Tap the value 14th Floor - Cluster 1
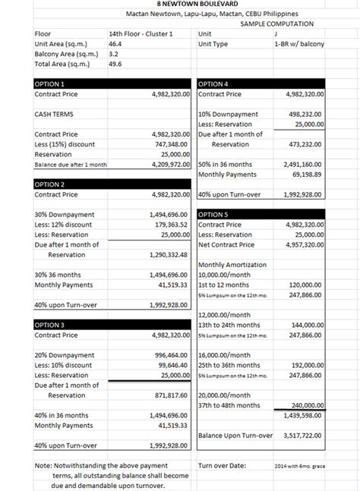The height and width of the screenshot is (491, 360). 141,33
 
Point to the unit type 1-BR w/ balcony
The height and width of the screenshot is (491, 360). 301,44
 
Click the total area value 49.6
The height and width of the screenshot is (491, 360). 115,65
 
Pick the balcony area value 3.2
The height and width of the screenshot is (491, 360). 113,54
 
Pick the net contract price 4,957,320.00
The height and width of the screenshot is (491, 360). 304,244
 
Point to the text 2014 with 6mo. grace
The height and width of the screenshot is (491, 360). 300,466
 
